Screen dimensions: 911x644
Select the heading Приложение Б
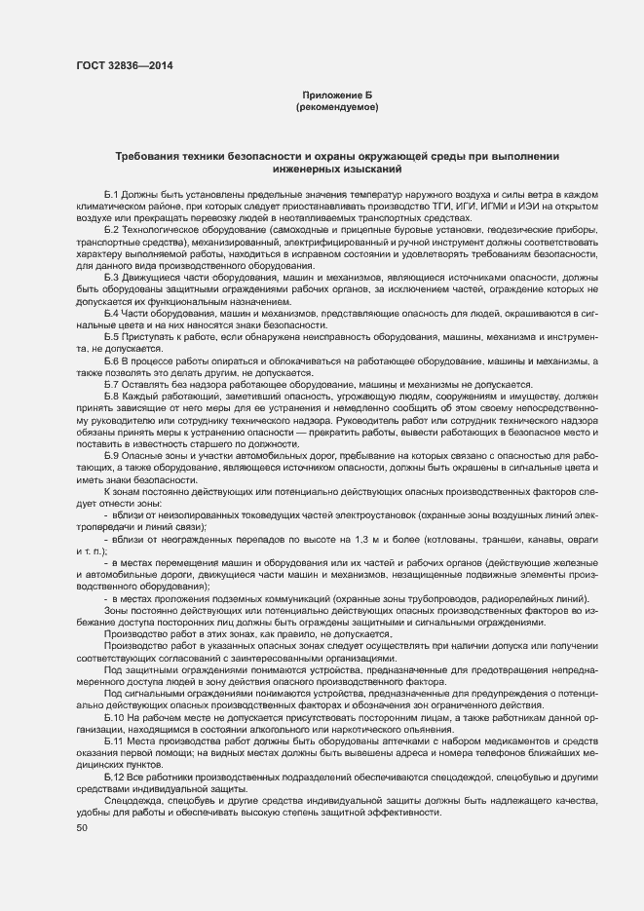pyautogui.click(x=337, y=95)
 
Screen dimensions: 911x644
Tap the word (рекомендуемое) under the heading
pyautogui.click(x=337, y=105)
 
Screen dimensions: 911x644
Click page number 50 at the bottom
pyautogui.click(x=81, y=827)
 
